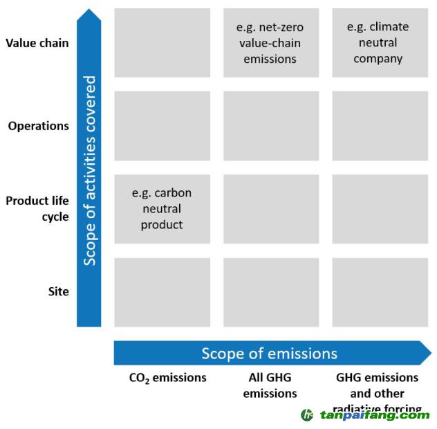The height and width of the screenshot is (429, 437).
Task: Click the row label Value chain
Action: [x=37, y=43]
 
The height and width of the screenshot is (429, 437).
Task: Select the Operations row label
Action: [x=39, y=126]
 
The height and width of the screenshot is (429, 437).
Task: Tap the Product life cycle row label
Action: [x=37, y=208]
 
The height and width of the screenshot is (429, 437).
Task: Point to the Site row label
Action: [x=58, y=291]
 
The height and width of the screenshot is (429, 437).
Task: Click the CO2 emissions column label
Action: [x=167, y=378]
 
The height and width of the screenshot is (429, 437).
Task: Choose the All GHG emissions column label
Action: [x=270, y=385]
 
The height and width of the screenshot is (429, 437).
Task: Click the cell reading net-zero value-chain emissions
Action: [x=270, y=43]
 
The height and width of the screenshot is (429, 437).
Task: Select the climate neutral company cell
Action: [x=378, y=43]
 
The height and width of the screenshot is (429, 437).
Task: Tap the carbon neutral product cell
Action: [x=162, y=209]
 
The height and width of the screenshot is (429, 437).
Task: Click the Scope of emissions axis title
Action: [x=270, y=354]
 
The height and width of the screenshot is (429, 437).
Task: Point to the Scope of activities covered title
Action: [x=90, y=170]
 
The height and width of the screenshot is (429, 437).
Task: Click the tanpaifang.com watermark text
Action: [x=374, y=415]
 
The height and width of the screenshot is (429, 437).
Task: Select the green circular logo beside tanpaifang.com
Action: [x=307, y=415]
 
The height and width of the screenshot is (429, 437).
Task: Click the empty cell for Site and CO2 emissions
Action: [x=162, y=292]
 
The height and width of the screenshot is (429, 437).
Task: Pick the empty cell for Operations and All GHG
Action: [x=270, y=126]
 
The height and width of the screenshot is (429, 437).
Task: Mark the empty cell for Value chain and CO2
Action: [x=162, y=43]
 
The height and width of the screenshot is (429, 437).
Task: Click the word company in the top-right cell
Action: [x=378, y=59]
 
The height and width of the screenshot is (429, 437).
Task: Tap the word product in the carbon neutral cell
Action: [x=162, y=225]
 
